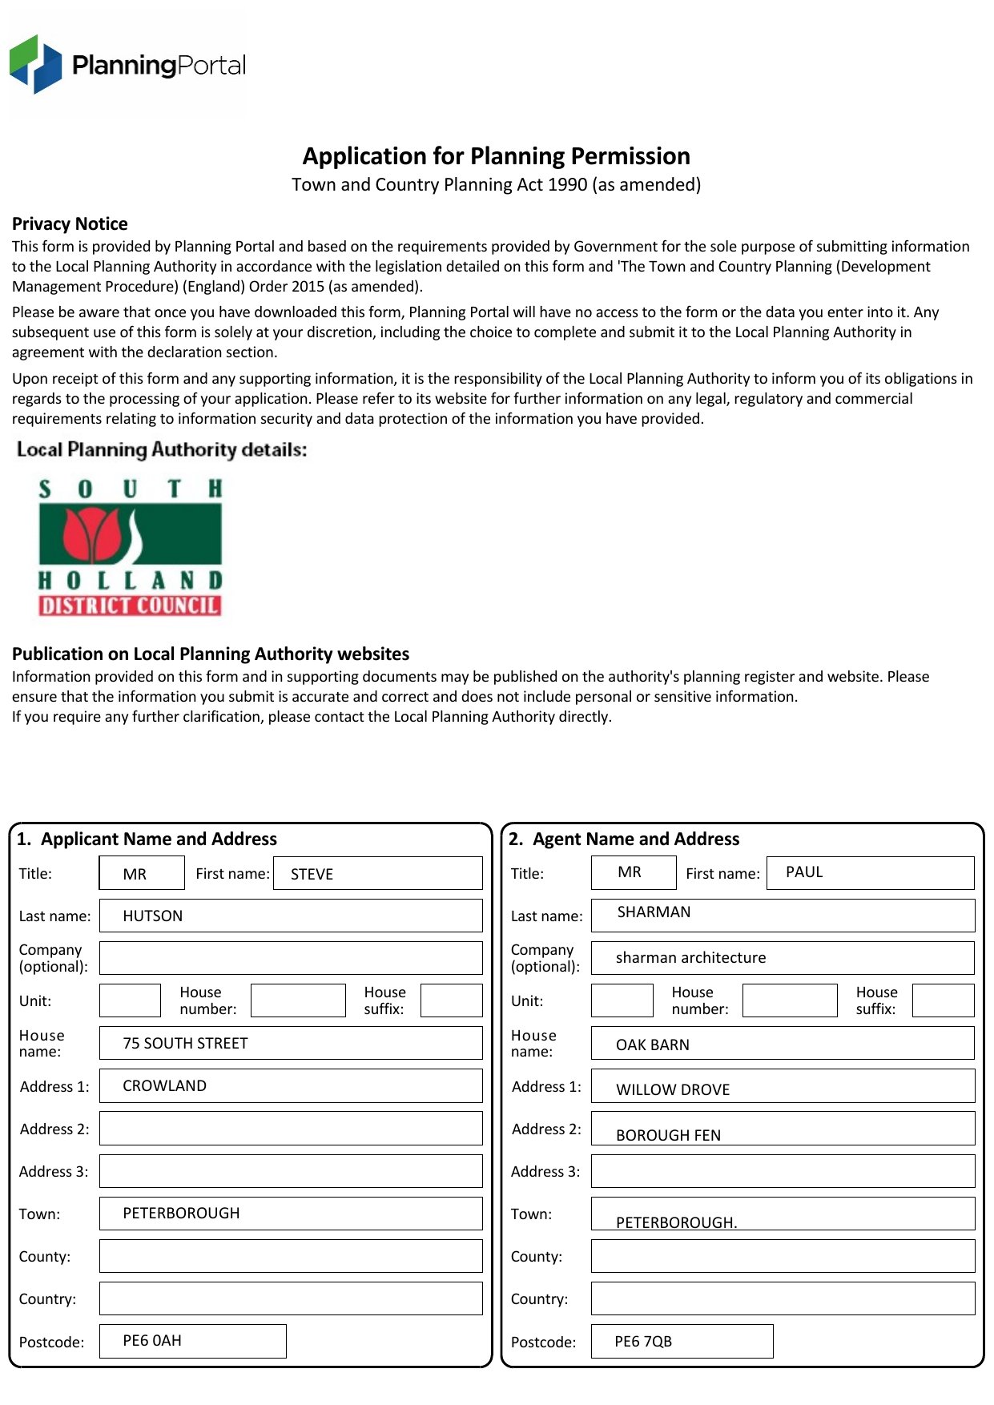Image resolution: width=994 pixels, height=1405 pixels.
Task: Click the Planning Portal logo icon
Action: [x=35, y=64]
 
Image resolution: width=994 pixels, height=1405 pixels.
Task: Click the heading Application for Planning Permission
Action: [x=496, y=156]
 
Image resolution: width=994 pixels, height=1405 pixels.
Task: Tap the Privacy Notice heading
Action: [x=70, y=224]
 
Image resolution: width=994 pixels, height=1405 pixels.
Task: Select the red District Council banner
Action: [x=130, y=606]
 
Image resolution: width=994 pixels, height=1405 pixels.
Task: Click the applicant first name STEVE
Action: [x=312, y=875]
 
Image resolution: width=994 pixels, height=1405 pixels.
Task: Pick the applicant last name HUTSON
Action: [x=152, y=916]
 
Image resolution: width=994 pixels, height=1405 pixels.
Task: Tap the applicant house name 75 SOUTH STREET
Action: [x=185, y=1044]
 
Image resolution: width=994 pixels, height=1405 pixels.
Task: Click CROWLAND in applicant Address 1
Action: [x=164, y=1086]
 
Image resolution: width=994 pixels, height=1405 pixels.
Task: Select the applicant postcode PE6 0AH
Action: [x=152, y=1341]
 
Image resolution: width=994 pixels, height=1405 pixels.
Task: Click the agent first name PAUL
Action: [x=804, y=872]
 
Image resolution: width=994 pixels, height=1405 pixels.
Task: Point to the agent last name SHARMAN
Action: [x=654, y=912]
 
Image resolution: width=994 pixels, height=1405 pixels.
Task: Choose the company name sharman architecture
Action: [x=690, y=958]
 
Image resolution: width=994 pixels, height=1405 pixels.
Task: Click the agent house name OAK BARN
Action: [x=652, y=1045]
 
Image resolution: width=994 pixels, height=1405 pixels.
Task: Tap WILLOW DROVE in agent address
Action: [x=673, y=1090]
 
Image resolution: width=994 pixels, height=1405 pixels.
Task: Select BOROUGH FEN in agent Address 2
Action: [x=668, y=1136]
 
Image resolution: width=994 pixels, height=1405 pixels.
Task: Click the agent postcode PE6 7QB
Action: [x=643, y=1342]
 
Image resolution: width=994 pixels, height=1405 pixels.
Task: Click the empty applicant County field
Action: [x=291, y=1256]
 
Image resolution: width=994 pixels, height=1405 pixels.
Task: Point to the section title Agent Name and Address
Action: [x=635, y=839]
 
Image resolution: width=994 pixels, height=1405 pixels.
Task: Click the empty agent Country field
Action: [x=783, y=1298]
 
